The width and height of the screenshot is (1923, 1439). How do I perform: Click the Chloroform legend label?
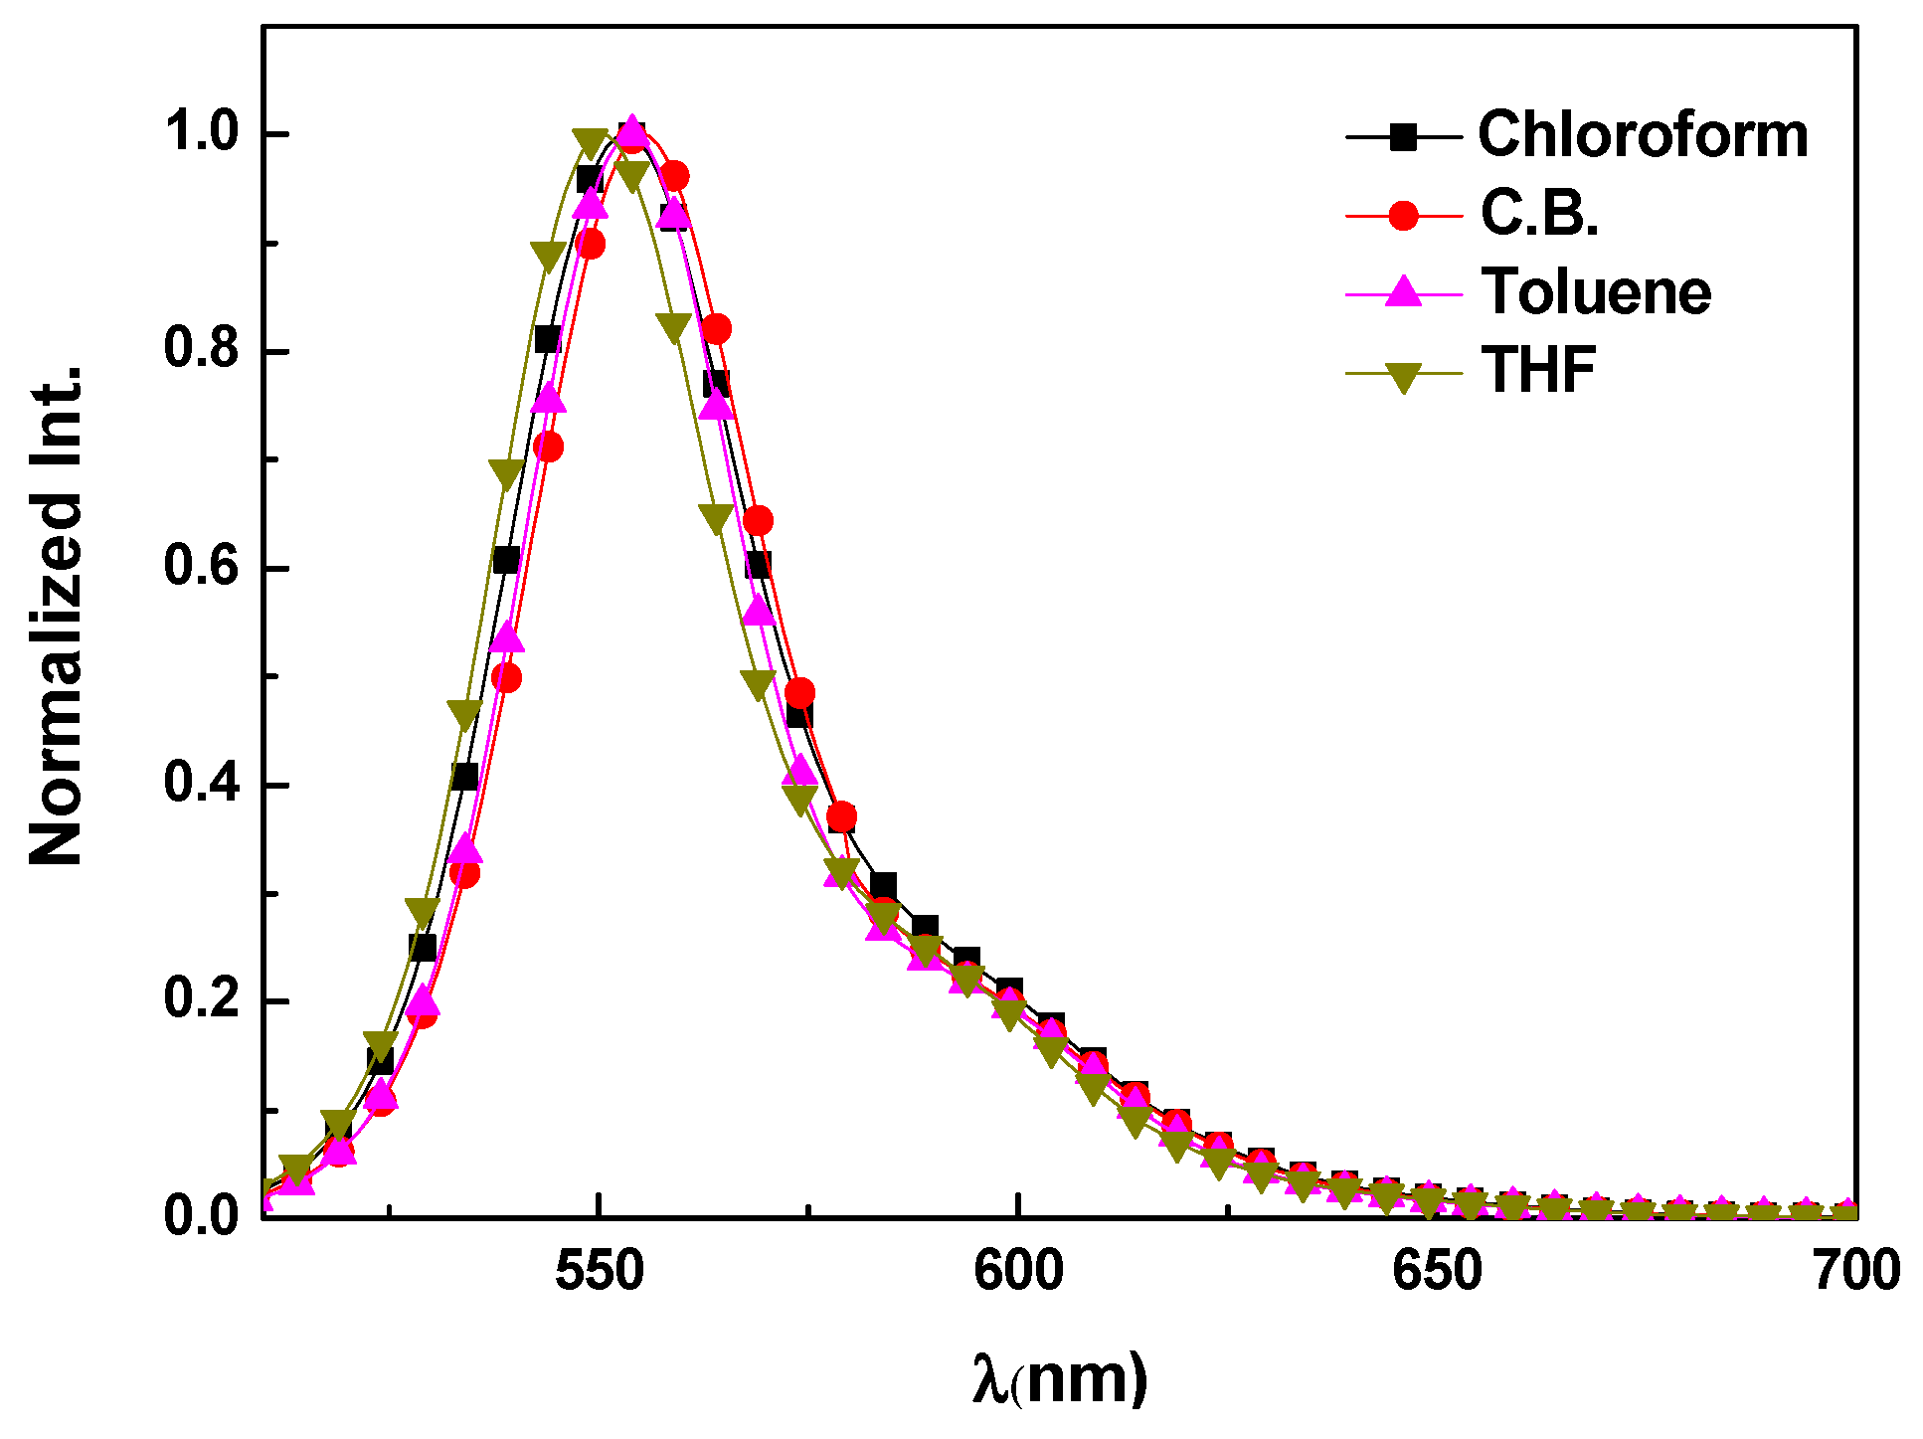pos(1642,134)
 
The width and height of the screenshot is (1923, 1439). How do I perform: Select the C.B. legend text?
pos(1539,213)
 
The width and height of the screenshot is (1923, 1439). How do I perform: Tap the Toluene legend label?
pos(1596,291)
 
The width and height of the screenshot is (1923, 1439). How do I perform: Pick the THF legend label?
pos(1538,370)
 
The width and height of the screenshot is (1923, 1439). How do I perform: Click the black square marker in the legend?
pos(1403,136)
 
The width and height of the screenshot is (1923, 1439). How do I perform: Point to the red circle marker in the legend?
pos(1403,215)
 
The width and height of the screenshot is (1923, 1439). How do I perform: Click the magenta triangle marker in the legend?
pos(1403,291)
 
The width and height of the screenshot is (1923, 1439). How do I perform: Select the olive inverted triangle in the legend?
pos(1403,377)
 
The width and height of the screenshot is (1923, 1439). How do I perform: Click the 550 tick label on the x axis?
pos(599,1272)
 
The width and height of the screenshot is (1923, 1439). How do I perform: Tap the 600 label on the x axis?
pos(1018,1272)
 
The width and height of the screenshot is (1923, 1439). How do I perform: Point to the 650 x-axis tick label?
pos(1437,1272)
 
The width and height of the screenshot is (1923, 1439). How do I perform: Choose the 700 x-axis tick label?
pos(1855,1272)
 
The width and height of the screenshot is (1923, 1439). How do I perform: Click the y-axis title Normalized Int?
pos(56,617)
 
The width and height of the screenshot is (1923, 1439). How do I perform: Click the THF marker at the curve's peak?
pos(590,142)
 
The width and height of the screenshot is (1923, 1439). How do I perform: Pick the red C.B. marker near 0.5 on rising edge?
pos(506,678)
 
